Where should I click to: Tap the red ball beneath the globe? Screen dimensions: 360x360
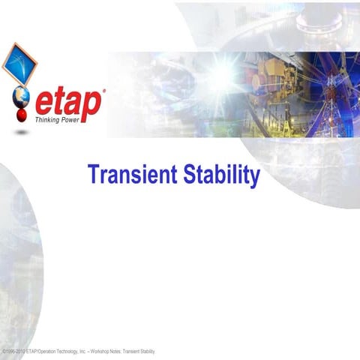23,118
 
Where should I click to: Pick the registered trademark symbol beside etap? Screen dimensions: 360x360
103,91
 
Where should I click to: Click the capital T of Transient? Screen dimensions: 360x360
92,175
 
